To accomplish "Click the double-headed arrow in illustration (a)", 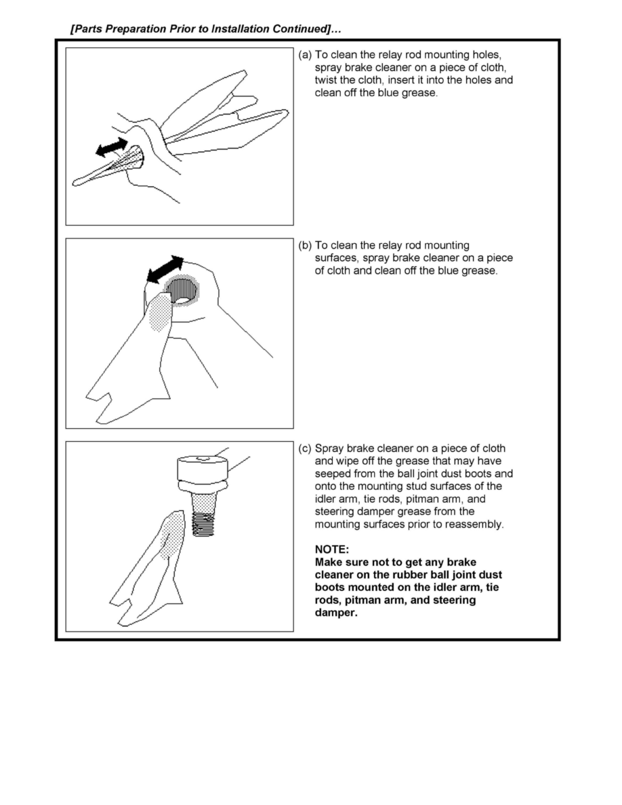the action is pos(112,146).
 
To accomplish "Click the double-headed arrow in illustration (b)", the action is pos(165,269).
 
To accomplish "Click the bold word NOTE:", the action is pos(331,550).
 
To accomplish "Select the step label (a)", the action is pos(305,55).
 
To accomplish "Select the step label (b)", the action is pos(305,245).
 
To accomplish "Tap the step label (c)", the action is pos(305,449).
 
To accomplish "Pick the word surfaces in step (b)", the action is pos(337,258).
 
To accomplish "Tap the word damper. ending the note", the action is pos(335,613).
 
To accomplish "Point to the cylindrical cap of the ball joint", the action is pos(203,468).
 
